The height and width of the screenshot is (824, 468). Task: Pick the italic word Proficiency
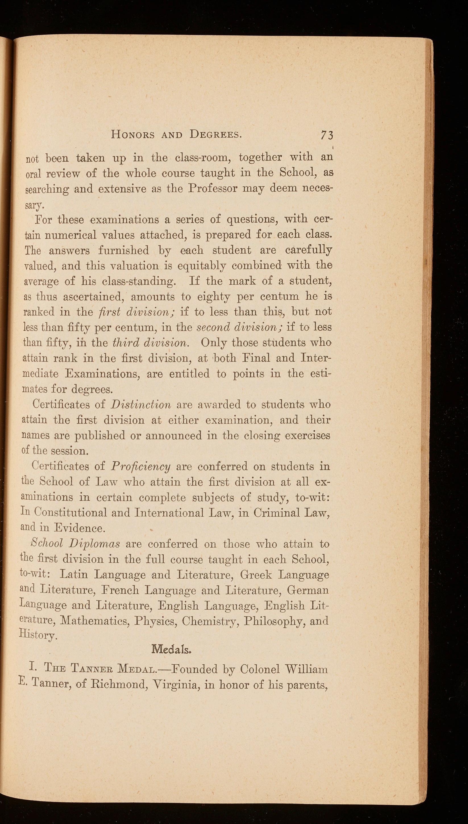pyautogui.click(x=140, y=466)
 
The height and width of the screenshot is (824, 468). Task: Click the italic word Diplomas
pyautogui.click(x=95, y=544)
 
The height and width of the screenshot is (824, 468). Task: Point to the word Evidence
pyautogui.click(x=79, y=528)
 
